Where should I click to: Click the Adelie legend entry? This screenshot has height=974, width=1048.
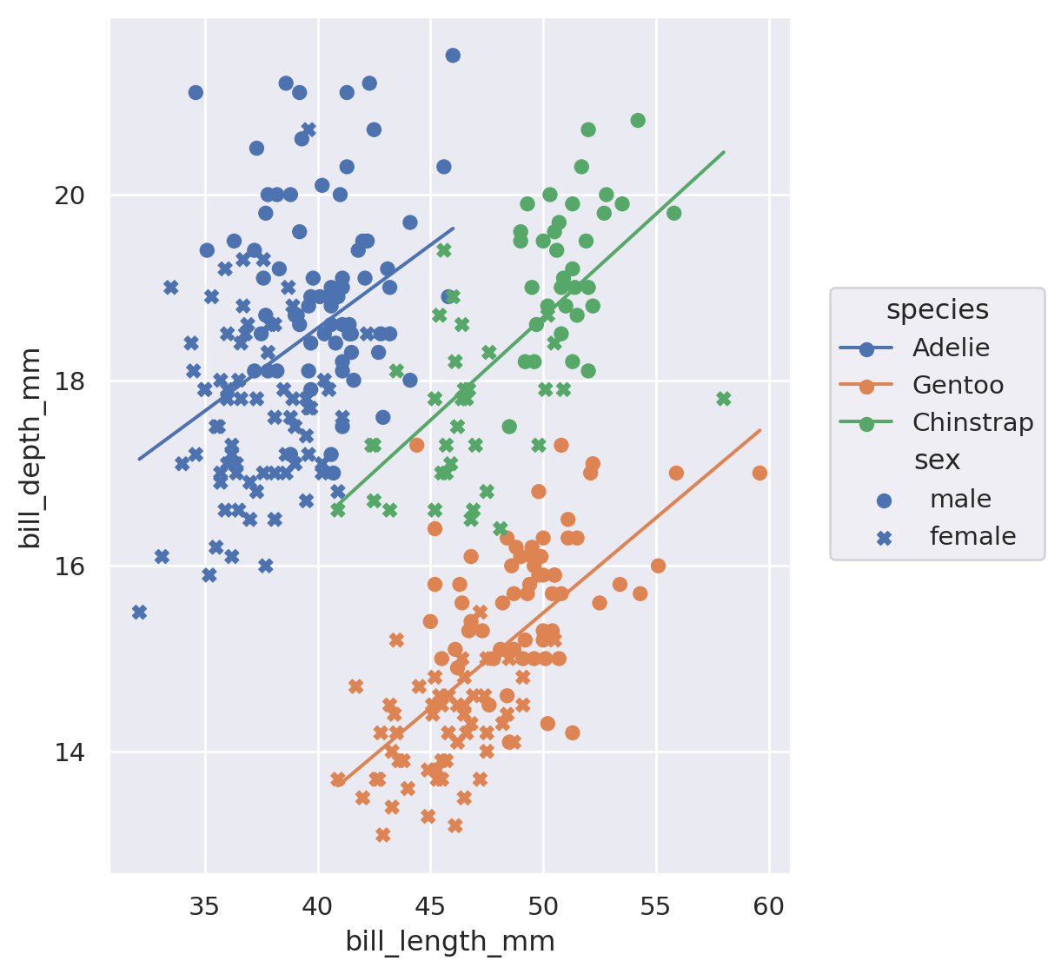click(x=951, y=348)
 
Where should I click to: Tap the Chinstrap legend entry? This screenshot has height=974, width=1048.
click(x=972, y=423)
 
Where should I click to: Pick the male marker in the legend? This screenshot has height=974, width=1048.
click(x=885, y=500)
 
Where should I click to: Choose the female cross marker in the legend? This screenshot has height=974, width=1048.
click(x=885, y=538)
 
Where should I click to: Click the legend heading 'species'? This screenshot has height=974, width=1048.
click(x=937, y=309)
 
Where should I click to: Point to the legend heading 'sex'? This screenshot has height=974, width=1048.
click(x=937, y=460)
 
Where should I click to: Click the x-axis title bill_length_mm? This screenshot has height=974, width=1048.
click(x=450, y=942)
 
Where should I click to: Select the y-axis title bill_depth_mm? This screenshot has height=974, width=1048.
click(x=30, y=447)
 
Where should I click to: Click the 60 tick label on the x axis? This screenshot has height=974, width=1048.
click(x=769, y=907)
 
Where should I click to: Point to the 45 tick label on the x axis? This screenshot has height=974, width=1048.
click(x=431, y=907)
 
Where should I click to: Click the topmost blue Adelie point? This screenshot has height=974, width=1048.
click(x=453, y=56)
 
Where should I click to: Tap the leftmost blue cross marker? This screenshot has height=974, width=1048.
click(x=139, y=613)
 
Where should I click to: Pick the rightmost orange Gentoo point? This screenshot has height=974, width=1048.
click(x=759, y=473)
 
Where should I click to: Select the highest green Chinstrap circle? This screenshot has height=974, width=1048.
click(x=638, y=120)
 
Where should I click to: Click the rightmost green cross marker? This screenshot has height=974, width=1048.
click(x=724, y=399)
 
